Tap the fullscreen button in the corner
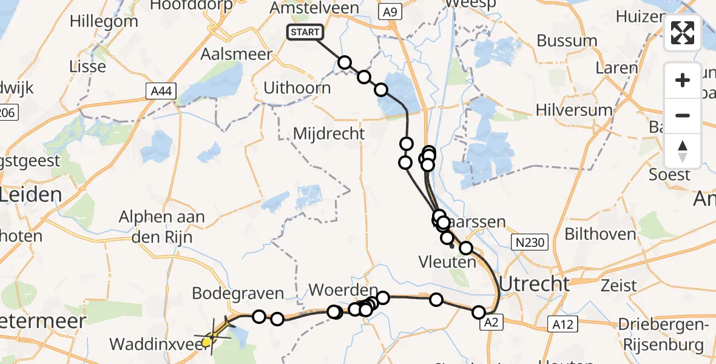(683, 33)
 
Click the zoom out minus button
(683, 115)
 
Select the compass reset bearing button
(683, 151)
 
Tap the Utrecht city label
(534, 283)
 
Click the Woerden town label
(343, 289)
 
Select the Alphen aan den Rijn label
(162, 226)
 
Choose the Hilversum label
(573, 110)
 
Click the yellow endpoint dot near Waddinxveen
(206, 342)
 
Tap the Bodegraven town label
(238, 294)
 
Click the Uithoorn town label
(297, 88)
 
